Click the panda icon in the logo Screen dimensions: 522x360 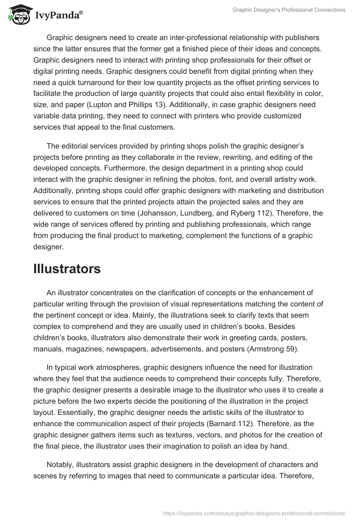click(x=18, y=15)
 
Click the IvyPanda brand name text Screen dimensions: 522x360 click(x=58, y=16)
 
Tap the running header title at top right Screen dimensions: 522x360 click(x=289, y=10)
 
